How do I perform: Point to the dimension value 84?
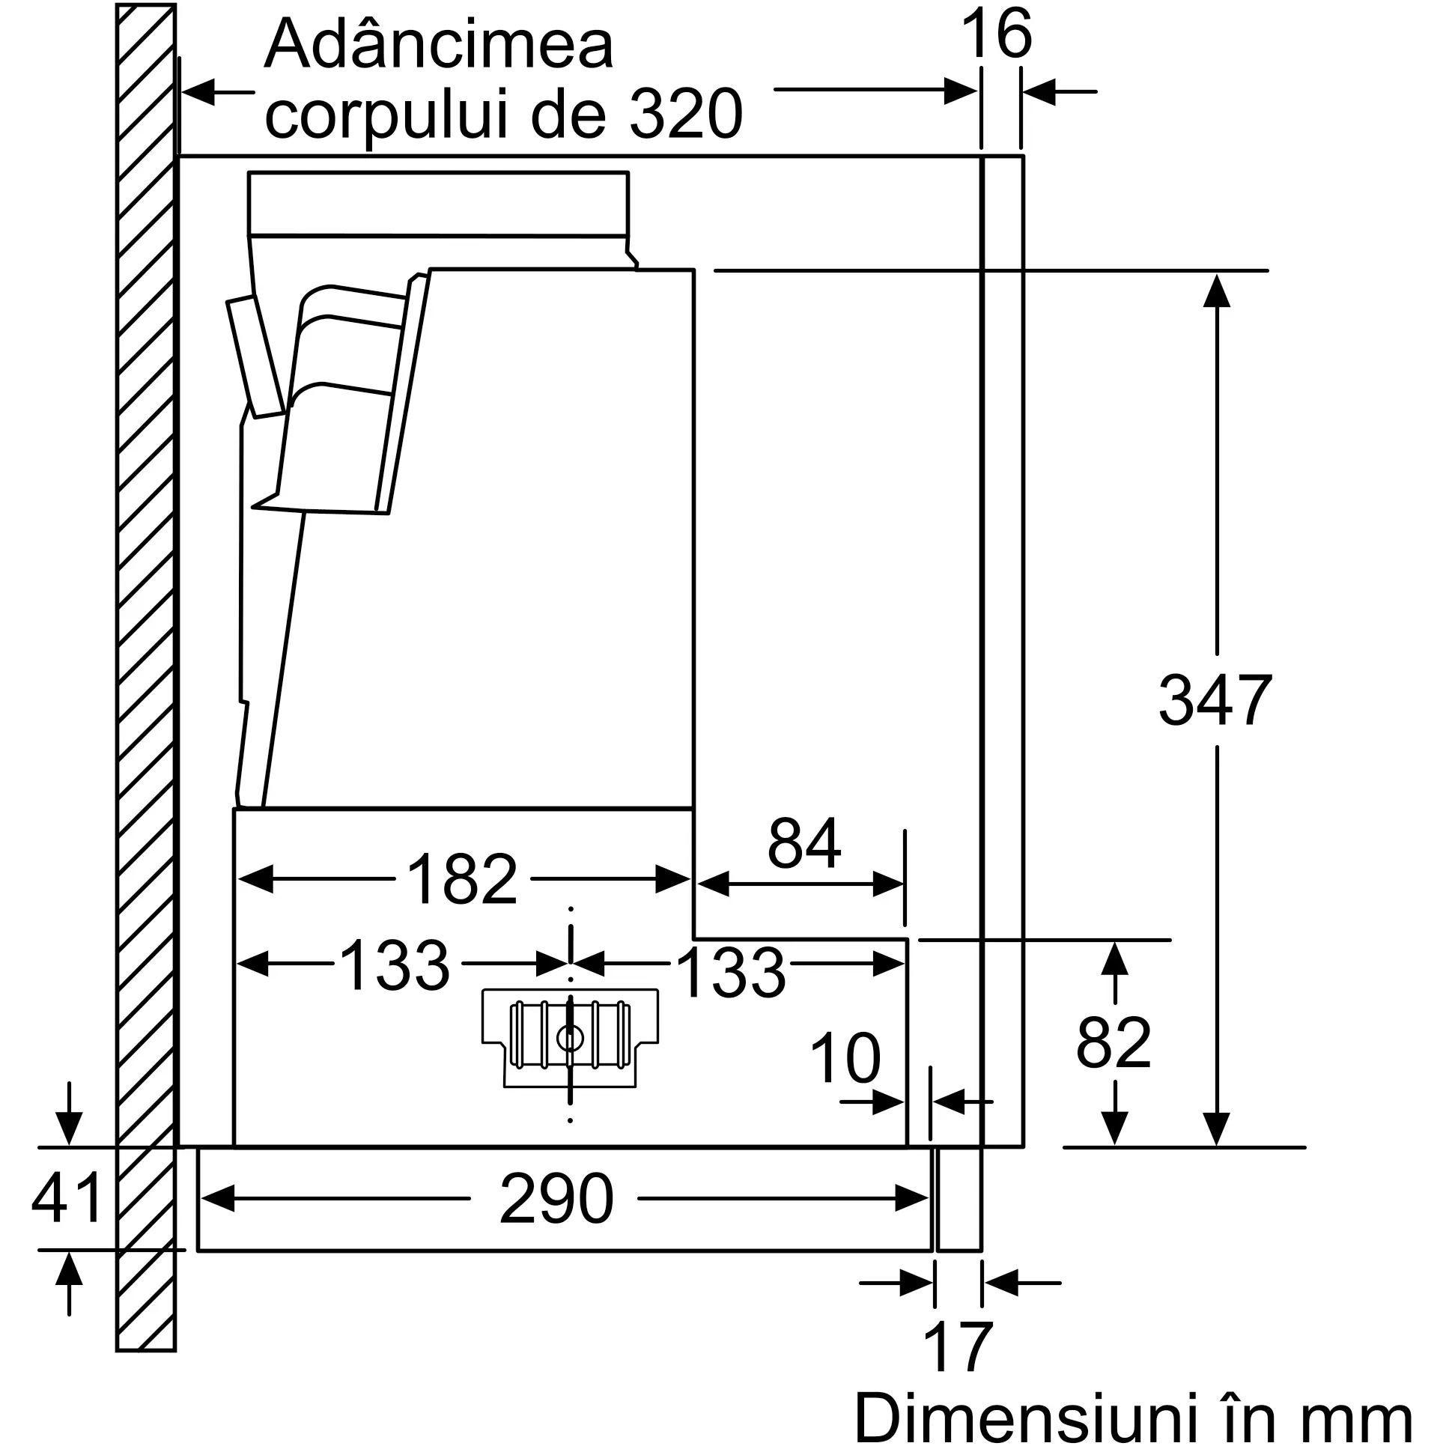coord(804,844)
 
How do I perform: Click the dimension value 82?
coord(1114,1043)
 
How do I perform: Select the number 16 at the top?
coord(996,34)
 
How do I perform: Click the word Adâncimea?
coord(439,43)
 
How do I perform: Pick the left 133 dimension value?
coord(395,964)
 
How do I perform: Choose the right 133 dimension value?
coord(731,972)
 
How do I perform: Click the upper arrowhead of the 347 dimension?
coord(1217,290)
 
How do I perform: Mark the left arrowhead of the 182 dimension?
coord(254,879)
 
